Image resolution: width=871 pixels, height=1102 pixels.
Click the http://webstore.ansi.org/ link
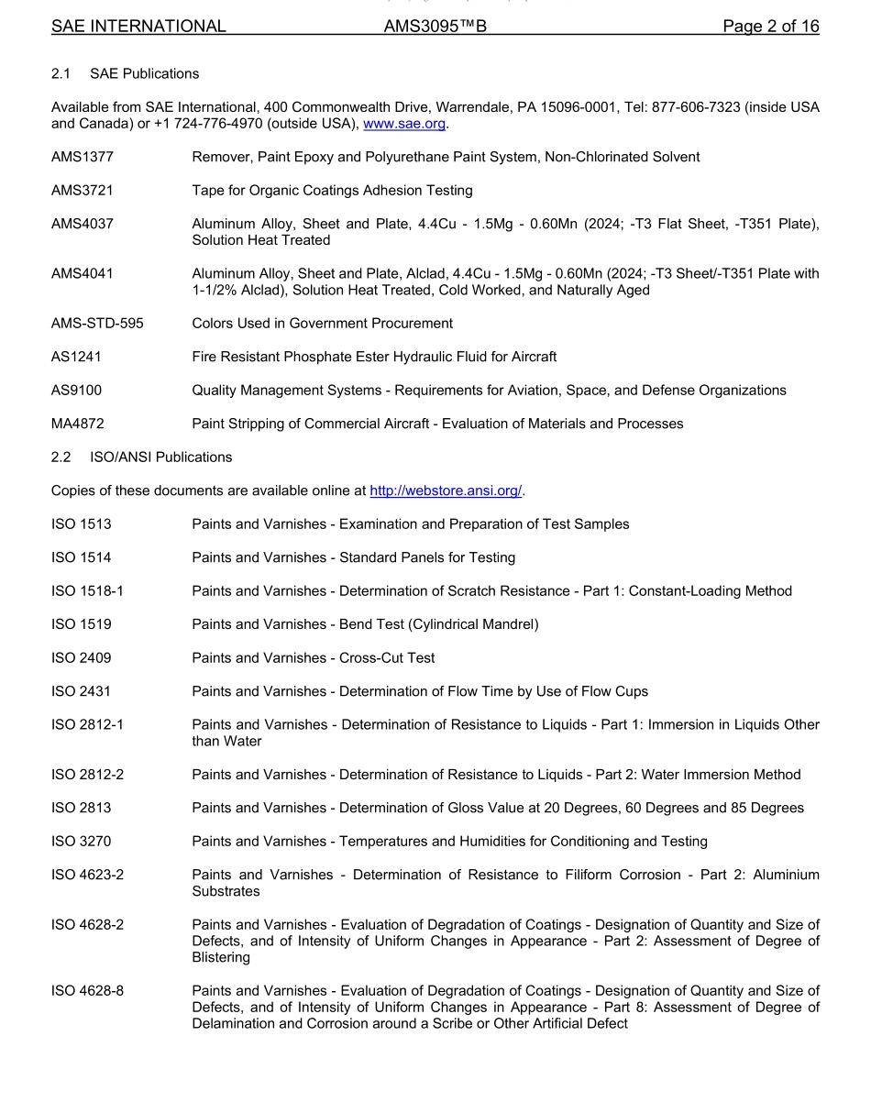coord(446,490)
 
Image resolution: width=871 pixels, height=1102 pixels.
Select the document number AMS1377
coord(83,157)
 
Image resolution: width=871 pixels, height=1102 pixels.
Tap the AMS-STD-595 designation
coord(97,323)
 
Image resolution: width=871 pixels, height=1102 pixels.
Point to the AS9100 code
coord(77,390)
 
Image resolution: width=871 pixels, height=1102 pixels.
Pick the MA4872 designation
coord(79,424)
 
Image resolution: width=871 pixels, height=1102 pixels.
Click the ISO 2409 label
coord(82,657)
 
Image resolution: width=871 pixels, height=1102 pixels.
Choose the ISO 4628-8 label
coord(88,990)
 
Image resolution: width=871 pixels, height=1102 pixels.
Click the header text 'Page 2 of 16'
coord(770,27)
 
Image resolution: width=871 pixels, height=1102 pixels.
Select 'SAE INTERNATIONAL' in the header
coord(138,27)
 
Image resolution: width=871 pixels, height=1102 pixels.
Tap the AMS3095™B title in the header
coord(435,27)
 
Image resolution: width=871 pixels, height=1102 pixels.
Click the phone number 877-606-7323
coord(700,107)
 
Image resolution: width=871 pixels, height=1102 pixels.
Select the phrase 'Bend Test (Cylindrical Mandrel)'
coord(439,624)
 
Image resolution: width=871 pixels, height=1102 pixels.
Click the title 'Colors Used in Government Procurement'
coord(322,323)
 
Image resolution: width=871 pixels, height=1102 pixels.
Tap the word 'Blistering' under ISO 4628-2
coord(221,957)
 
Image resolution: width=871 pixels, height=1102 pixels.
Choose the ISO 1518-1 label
coord(88,590)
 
